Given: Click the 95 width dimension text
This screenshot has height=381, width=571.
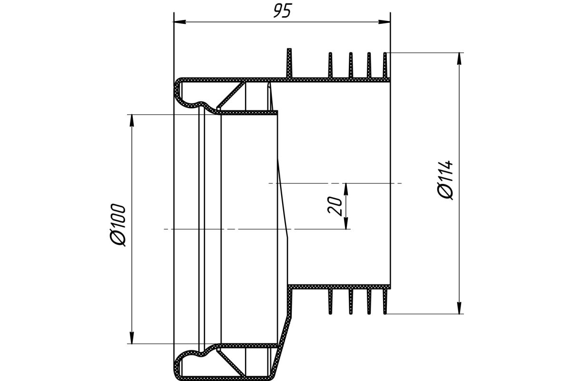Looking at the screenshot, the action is coord(282,11).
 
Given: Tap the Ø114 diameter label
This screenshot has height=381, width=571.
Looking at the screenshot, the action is coord(445,180).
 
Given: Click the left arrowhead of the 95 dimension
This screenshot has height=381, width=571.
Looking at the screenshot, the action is coord(179,22).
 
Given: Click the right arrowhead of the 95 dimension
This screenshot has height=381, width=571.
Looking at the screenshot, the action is coord(384,22).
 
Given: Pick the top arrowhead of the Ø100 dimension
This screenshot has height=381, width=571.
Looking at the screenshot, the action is coord(131,120).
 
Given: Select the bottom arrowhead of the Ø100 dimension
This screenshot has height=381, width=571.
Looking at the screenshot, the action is coord(131,338).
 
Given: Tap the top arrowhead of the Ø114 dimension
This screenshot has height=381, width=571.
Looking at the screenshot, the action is coord(459,59).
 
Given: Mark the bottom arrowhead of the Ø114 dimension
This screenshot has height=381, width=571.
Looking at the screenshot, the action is coord(459,308).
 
